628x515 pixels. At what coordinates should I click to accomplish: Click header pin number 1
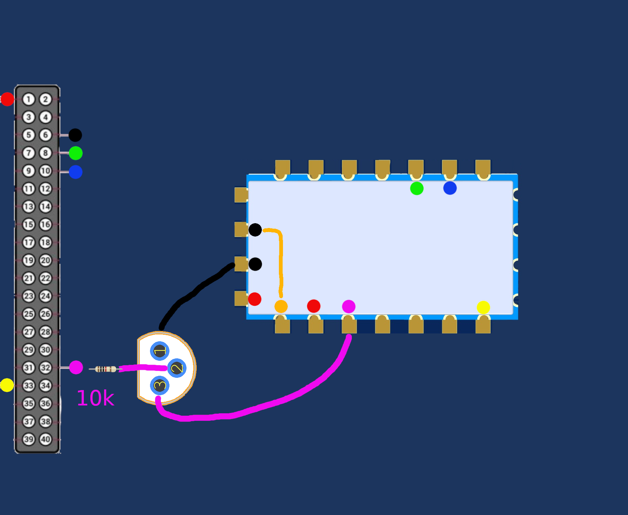29,99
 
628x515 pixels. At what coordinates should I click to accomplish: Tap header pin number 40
46,439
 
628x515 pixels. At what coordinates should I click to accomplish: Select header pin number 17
29,242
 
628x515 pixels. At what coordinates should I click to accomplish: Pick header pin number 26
46,314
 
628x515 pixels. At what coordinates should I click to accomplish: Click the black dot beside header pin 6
75,135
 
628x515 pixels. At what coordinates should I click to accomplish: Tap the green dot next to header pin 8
76,153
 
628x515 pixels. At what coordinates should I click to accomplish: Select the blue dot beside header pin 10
76,172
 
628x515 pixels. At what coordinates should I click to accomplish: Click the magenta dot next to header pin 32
76,367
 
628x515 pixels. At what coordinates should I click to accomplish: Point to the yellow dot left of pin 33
7,385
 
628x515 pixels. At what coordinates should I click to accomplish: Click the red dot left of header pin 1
7,99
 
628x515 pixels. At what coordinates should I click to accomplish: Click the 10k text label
95,398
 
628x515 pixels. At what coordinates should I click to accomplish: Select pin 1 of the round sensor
160,351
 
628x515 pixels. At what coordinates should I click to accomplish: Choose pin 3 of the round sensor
160,386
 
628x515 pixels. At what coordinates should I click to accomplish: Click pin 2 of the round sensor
177,368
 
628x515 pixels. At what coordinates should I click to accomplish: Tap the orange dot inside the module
281,306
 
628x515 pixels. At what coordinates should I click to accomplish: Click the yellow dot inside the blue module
483,307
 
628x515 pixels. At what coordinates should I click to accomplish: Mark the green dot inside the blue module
417,188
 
